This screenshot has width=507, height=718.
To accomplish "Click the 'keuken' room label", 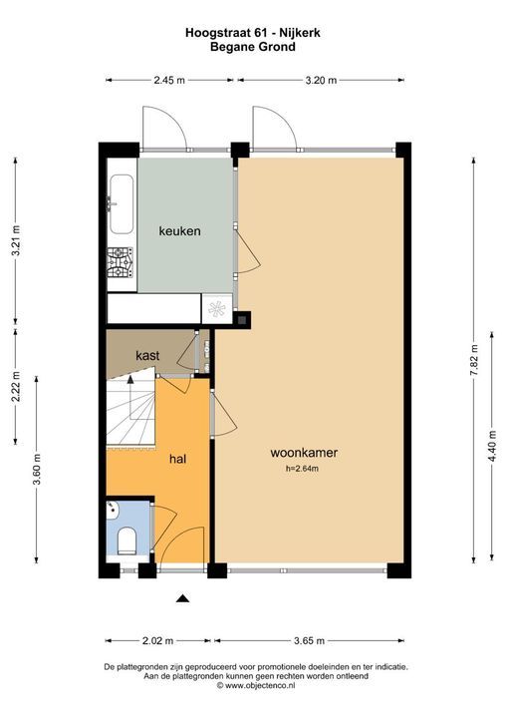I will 179,231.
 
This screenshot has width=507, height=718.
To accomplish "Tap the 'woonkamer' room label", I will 304,453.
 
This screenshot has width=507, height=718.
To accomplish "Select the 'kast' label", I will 148,354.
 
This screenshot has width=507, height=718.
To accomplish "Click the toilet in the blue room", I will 127,542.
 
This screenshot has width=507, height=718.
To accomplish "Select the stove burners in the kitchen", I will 121,261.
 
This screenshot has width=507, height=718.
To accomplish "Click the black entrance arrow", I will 182,598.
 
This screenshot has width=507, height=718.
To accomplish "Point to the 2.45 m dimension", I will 168,81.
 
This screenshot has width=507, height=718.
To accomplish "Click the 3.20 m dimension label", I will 320,81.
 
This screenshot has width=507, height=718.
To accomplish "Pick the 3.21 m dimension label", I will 13,240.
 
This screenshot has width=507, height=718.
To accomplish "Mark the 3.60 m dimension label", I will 35,468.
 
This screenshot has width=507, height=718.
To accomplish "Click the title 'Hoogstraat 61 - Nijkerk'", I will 253,33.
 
